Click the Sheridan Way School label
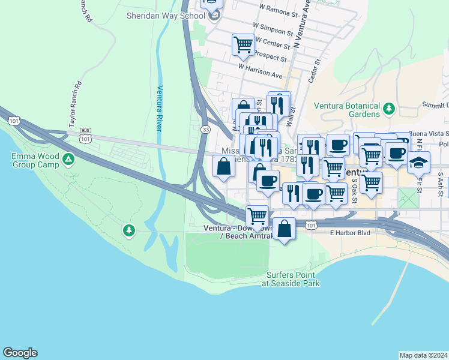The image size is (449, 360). pos(166,16)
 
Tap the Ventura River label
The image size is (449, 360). pos(160,107)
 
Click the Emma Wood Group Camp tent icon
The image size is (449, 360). pos(69,159)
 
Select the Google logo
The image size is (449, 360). pos(20,353)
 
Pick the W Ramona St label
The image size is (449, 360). pos(278,10)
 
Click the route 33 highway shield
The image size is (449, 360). pos(206,129)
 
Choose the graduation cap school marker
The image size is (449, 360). pos(418,162)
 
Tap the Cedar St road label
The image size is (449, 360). pos(315,70)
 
